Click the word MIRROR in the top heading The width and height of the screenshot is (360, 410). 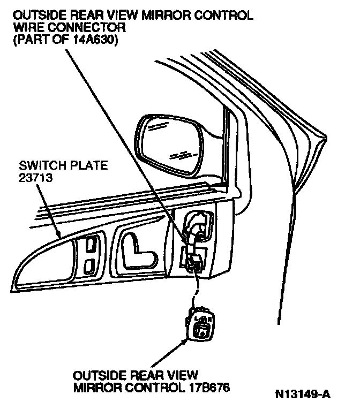point(160,16)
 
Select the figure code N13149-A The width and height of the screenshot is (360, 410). point(303,396)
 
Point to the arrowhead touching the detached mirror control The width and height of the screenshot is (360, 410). point(184,339)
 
